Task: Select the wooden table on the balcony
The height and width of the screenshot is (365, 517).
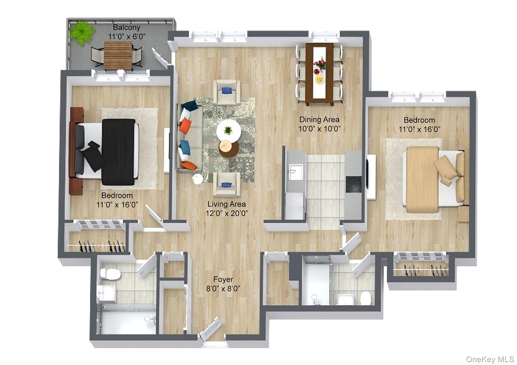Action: (118, 56)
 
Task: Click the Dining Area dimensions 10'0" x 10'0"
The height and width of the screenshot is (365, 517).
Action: (319, 129)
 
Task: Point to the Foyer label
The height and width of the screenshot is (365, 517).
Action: (223, 279)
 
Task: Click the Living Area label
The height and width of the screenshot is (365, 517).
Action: (226, 204)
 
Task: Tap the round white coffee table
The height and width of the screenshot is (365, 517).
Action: (228, 131)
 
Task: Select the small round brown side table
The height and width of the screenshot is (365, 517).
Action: (229, 149)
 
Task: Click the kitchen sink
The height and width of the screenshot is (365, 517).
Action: (296, 172)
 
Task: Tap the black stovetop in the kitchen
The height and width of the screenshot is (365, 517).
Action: (353, 185)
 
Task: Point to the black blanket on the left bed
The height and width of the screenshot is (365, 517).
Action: (118, 152)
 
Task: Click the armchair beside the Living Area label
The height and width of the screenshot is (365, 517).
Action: (226, 185)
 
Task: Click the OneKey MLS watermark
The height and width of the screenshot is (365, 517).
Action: (490, 359)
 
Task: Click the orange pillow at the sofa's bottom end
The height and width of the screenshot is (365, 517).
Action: (189, 166)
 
